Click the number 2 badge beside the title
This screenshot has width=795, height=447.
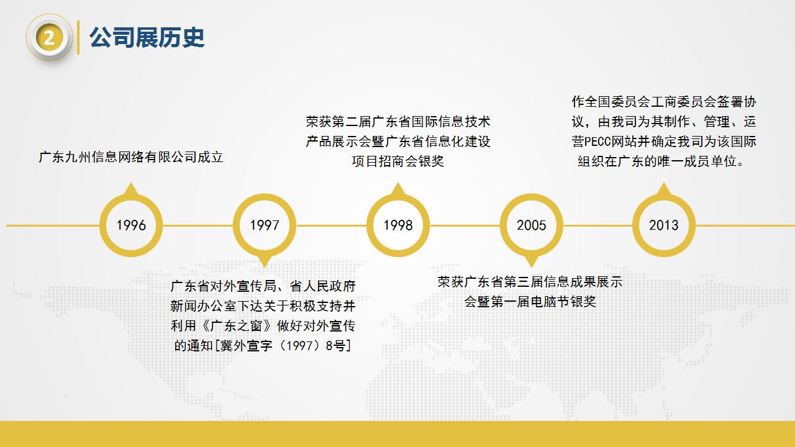(x=49, y=38)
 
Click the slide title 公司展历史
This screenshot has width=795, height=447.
(x=147, y=37)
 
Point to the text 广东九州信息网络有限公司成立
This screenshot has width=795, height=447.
(x=131, y=157)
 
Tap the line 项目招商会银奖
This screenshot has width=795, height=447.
(x=398, y=161)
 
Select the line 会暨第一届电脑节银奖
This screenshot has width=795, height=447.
(x=530, y=302)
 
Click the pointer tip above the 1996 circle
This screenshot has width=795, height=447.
(x=131, y=183)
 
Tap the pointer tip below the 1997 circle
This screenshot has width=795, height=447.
(x=265, y=267)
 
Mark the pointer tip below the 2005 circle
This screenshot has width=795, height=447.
(x=531, y=267)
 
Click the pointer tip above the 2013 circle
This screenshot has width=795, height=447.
(x=664, y=183)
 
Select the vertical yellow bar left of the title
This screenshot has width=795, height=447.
(x=78, y=38)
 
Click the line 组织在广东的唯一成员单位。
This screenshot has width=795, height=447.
(x=660, y=161)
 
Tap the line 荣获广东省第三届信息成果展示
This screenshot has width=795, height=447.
(x=530, y=282)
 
